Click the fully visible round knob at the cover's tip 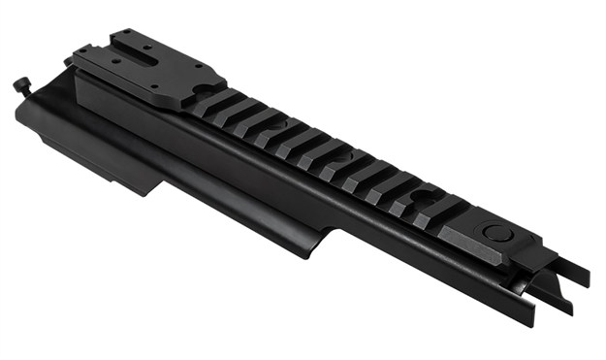pos(20,86)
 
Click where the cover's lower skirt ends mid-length pos(331,237)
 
